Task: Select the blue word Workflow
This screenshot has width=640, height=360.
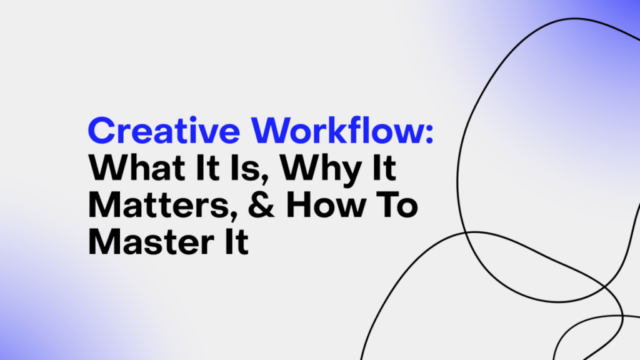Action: click(x=339, y=132)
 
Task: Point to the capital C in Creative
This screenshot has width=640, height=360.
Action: click(x=102, y=132)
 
